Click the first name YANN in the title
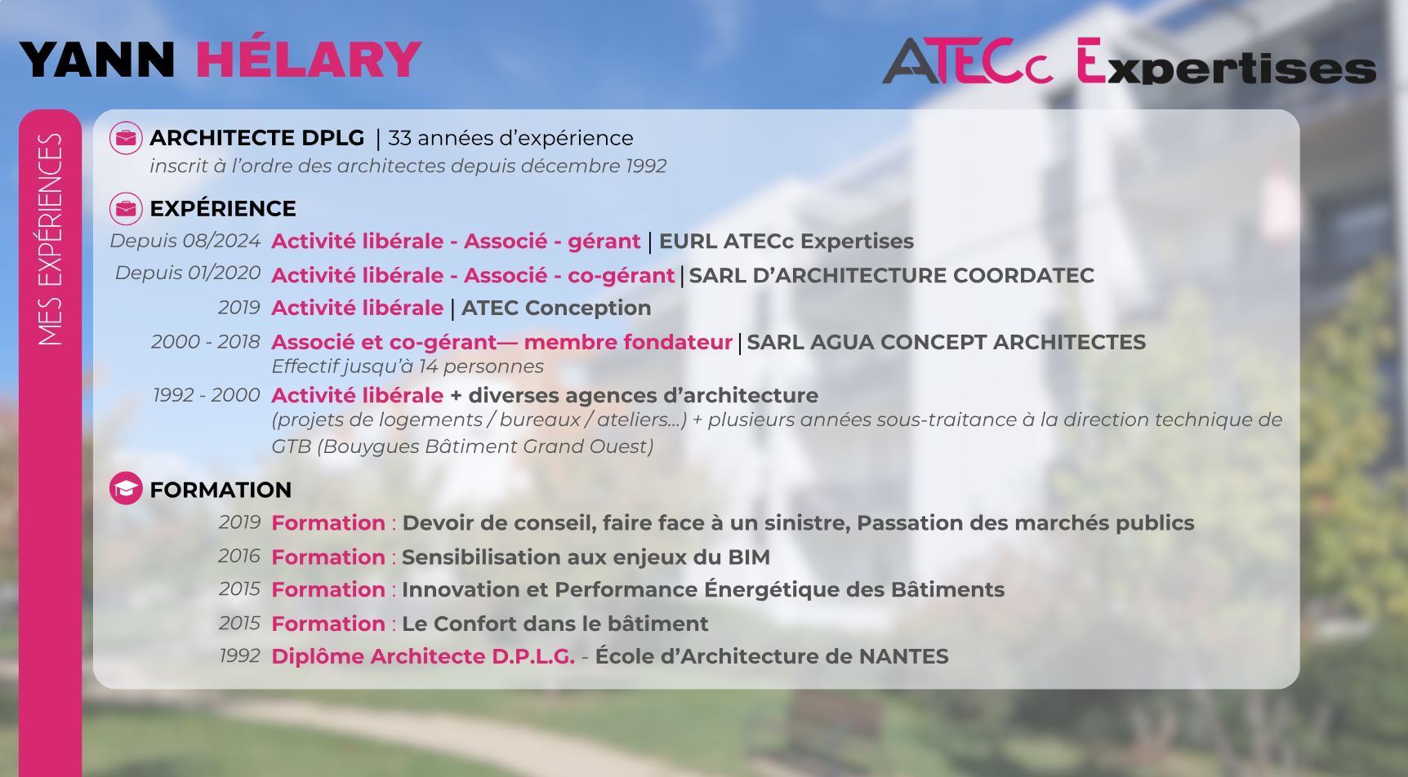(97, 59)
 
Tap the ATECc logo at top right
(968, 61)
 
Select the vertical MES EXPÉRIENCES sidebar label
(51, 239)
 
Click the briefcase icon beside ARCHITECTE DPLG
(126, 138)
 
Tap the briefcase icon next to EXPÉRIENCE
(126, 208)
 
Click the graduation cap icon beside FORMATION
(126, 488)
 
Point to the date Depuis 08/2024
(185, 241)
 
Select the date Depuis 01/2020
(188, 273)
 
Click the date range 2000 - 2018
(206, 341)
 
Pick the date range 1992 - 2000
(207, 395)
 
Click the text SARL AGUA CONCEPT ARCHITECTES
(946, 342)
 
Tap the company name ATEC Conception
(556, 308)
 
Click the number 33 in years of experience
(399, 138)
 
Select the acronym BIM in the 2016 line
(749, 557)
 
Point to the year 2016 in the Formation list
(239, 556)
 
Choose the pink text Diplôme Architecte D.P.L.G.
(423, 656)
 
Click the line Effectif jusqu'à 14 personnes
(408, 366)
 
